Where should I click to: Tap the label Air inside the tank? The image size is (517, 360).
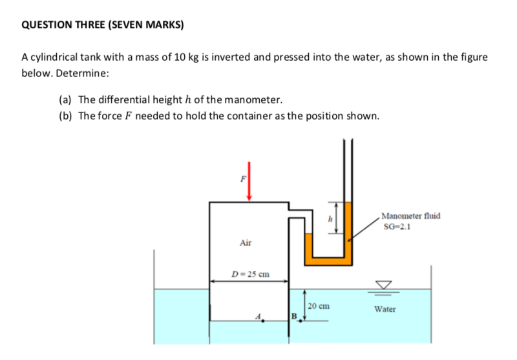coord(246,243)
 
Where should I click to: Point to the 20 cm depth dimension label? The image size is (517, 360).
coord(320,306)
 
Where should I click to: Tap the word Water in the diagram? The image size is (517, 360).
coord(385,309)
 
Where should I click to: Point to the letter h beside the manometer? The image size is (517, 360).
coord(330,220)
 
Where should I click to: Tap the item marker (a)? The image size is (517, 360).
coord(65,100)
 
